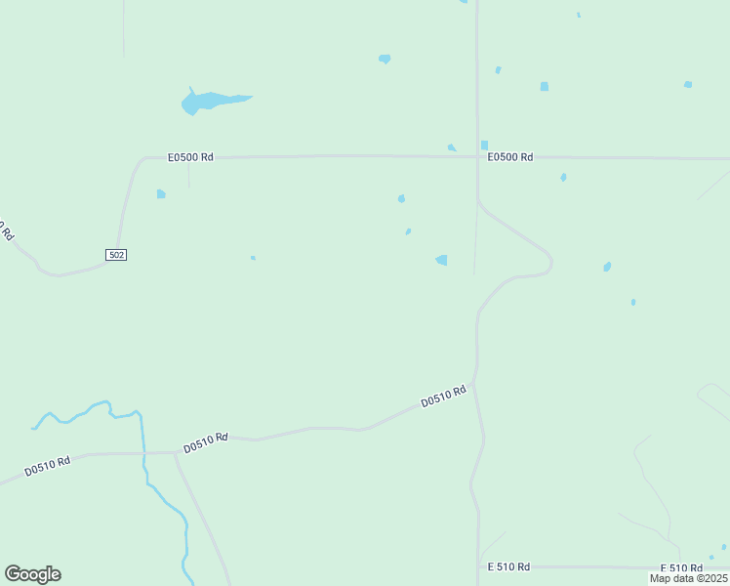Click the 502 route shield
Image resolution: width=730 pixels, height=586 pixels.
[x=116, y=255]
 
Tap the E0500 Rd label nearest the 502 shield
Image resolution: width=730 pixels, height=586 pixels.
[x=190, y=156]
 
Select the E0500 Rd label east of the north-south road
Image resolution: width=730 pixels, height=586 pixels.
[x=510, y=157]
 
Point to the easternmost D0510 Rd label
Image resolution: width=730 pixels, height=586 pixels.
[x=444, y=396]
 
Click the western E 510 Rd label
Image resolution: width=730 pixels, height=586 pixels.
[x=508, y=566]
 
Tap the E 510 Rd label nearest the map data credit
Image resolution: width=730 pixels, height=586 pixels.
[x=681, y=567]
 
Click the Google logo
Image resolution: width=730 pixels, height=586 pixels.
[x=32, y=574]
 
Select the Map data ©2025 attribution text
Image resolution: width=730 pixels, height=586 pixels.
[x=688, y=578]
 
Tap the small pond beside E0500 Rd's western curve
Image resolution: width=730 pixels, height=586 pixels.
[x=161, y=194]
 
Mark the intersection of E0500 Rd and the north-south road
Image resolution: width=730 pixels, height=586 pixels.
[x=477, y=156]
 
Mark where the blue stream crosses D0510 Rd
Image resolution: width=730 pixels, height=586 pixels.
[x=143, y=452]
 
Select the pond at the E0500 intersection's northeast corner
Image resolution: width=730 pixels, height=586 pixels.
[x=484, y=146]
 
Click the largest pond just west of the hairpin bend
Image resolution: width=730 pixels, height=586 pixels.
[x=442, y=260]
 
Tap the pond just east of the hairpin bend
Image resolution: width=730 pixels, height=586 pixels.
[x=607, y=267]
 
